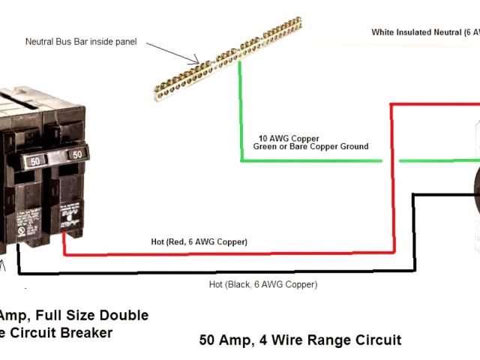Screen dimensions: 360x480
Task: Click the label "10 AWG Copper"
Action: click(x=289, y=138)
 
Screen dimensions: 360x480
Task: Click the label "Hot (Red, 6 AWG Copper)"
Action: click(x=199, y=241)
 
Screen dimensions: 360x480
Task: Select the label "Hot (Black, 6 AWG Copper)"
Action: click(x=262, y=285)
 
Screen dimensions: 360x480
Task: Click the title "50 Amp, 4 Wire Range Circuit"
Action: click(x=300, y=340)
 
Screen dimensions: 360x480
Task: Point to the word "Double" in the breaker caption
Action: click(x=123, y=315)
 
